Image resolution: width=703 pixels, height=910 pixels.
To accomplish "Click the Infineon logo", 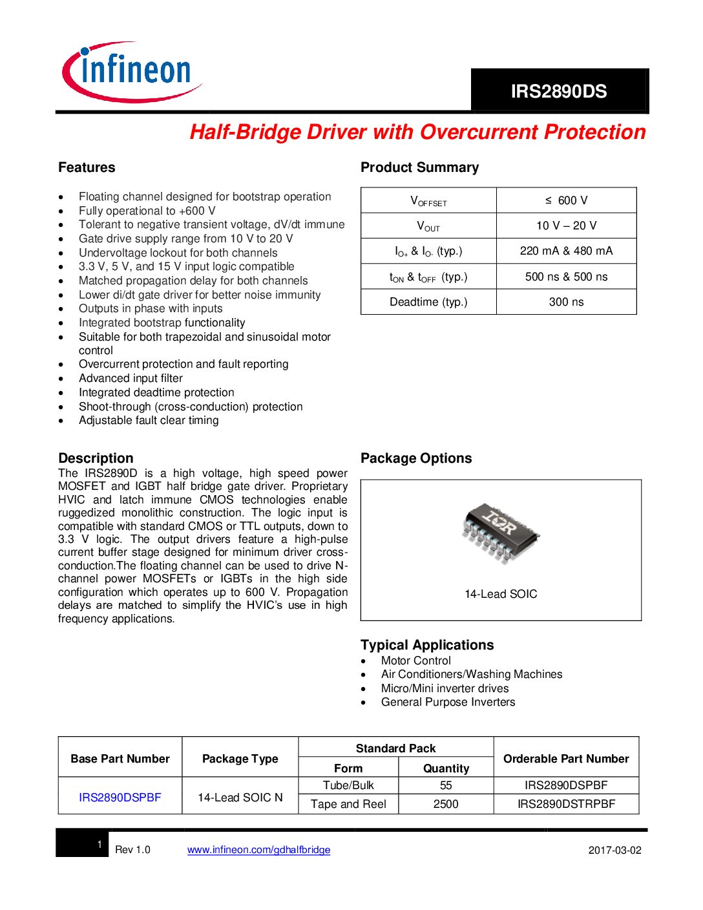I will [132, 72].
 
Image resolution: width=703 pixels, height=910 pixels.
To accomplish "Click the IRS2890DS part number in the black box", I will [559, 91].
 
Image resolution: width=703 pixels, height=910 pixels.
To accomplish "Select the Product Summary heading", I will [419, 167].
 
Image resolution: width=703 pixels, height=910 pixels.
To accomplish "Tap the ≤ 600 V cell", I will [566, 200].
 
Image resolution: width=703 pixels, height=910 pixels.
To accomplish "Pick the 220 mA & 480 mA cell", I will [566, 251].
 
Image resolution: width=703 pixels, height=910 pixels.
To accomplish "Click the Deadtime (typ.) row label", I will [428, 302].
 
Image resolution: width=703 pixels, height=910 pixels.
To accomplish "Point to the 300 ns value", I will [566, 302].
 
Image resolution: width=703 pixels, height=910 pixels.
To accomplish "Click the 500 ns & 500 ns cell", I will [566, 277].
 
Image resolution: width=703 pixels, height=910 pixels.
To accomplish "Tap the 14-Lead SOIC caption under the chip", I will [501, 594].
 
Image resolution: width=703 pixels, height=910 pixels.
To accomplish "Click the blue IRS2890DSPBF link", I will [120, 798].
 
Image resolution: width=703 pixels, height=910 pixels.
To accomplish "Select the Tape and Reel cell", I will [348, 804].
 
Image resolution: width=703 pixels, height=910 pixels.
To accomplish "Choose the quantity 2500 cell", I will [446, 804].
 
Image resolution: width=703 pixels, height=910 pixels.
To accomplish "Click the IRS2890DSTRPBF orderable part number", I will [566, 804].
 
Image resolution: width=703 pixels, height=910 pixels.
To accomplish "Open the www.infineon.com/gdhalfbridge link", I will [258, 850].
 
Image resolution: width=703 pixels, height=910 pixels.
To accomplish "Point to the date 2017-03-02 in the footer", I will [614, 850].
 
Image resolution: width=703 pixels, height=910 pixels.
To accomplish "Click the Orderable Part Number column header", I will [566, 759].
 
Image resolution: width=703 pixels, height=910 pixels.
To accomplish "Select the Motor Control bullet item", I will [415, 661].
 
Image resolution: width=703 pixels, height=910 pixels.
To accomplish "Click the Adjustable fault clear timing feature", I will [149, 420].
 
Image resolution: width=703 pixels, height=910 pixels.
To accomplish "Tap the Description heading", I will [96, 458].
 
